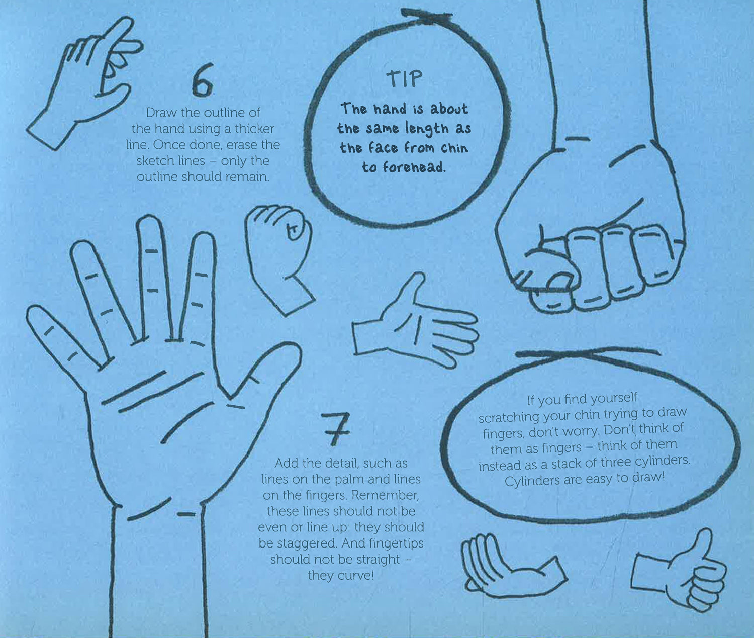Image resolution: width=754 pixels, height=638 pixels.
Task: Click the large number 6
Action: pyautogui.click(x=203, y=80)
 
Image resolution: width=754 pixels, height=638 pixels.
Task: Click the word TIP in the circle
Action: pyautogui.click(x=404, y=78)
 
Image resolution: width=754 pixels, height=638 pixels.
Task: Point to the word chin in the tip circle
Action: pyautogui.click(x=454, y=148)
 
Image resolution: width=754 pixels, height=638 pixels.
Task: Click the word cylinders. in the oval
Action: pyautogui.click(x=663, y=461)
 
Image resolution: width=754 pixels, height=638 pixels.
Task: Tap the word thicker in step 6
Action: pyautogui.click(x=255, y=129)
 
